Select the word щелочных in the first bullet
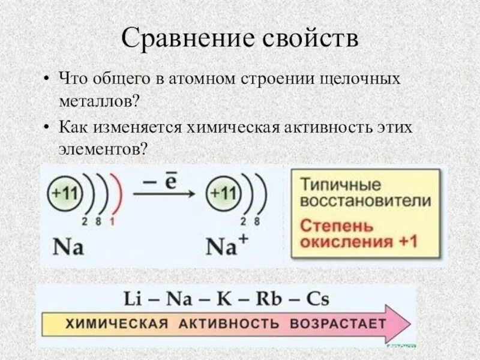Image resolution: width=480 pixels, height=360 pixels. click(x=362, y=79)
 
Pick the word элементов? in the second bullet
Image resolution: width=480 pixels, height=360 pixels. click(x=103, y=148)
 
